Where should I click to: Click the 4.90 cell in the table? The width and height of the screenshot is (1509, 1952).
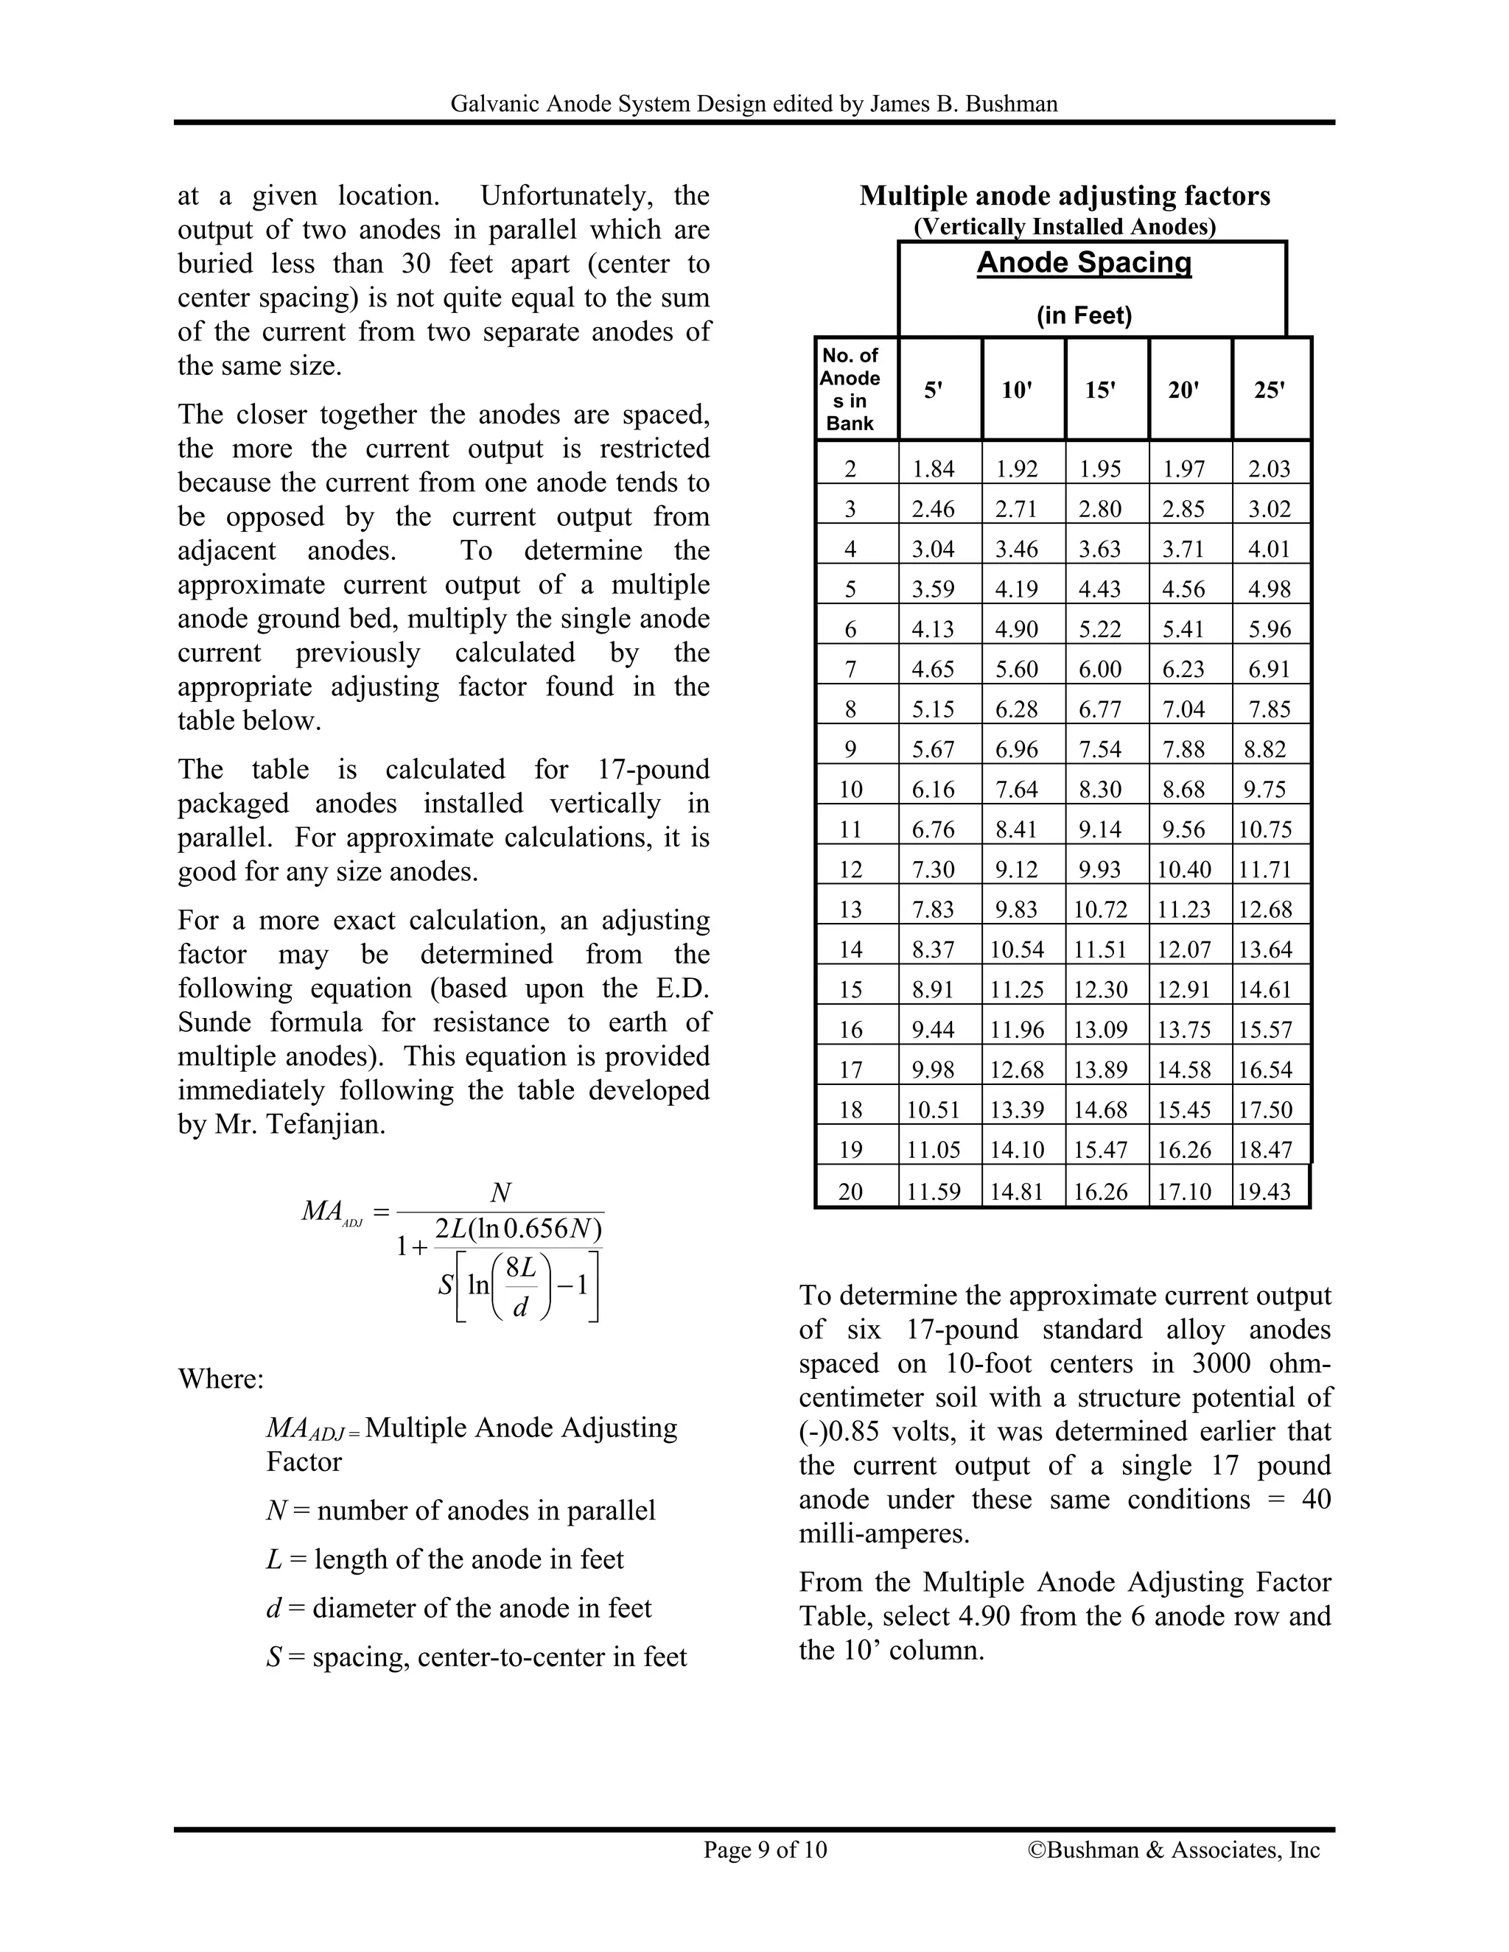(1016, 629)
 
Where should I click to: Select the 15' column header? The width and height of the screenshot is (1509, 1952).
(1101, 390)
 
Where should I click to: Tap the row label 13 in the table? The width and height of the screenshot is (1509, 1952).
(850, 910)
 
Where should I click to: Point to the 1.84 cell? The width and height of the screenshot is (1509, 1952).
(934, 469)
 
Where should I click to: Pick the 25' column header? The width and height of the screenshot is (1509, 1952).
(1270, 390)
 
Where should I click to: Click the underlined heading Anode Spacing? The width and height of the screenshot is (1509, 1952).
(1085, 263)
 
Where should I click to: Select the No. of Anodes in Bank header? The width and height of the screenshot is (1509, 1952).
(850, 390)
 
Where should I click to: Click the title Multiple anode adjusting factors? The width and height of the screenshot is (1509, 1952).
(1065, 196)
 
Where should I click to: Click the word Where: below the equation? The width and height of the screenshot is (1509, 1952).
(221, 1378)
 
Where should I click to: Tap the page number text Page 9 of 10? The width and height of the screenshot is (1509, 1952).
(766, 1849)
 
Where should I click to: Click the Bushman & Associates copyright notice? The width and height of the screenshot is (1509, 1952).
(1174, 1849)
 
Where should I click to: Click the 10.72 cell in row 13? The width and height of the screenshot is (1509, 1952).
(1101, 910)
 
